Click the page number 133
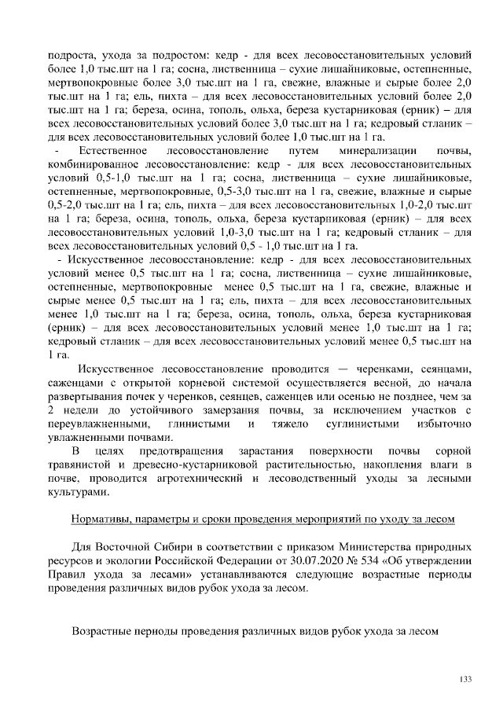[x=464, y=678]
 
